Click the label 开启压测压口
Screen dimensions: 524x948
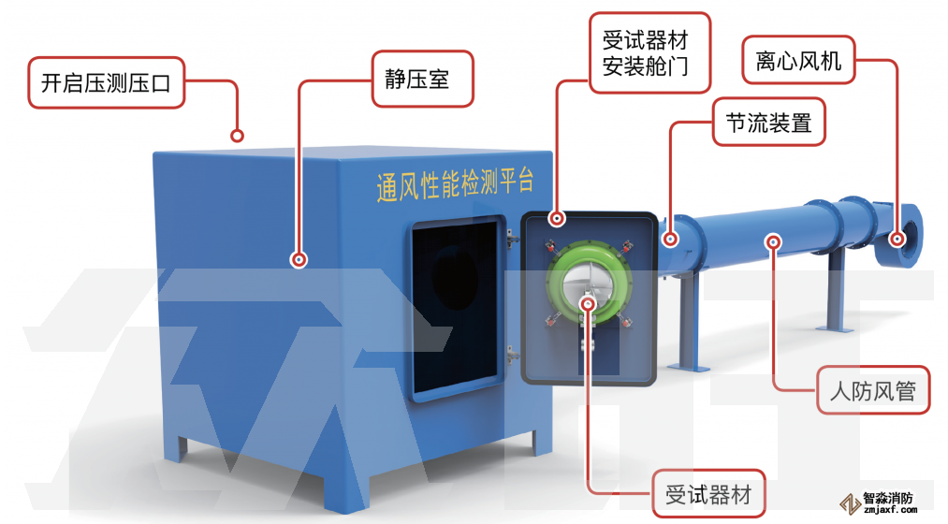pos(106,82)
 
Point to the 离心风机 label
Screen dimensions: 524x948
pos(798,61)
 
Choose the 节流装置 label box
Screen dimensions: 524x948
pos(768,123)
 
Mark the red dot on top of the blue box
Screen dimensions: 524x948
pos(237,136)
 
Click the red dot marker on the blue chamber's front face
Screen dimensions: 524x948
pos(299,259)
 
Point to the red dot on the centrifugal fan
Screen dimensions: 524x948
pos(898,240)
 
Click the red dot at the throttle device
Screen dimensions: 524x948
pos(671,240)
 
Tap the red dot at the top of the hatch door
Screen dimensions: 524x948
pos(557,220)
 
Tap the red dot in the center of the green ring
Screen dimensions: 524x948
pos(588,302)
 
